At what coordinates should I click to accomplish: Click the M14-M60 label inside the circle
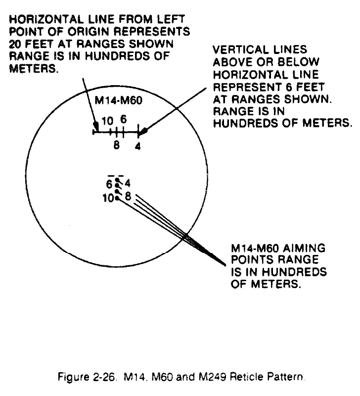pyautogui.click(x=118, y=100)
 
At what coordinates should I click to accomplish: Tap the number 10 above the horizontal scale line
pyautogui.click(x=107, y=121)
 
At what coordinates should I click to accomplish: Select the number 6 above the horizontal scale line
pyautogui.click(x=123, y=119)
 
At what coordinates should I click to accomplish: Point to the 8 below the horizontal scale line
pyautogui.click(x=116, y=145)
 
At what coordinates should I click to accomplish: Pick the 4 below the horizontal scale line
pyautogui.click(x=137, y=146)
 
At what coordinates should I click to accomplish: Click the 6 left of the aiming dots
pyautogui.click(x=109, y=184)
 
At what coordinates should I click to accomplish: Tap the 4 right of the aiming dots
pyautogui.click(x=128, y=183)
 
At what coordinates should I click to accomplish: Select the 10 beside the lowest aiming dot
pyautogui.click(x=108, y=198)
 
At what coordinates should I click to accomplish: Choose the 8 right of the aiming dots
pyautogui.click(x=128, y=196)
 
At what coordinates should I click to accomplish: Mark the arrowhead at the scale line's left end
pyautogui.click(x=95, y=125)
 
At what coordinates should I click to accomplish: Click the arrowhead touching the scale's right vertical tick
pyautogui.click(x=144, y=131)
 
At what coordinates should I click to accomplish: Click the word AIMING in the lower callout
pyautogui.click(x=304, y=248)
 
